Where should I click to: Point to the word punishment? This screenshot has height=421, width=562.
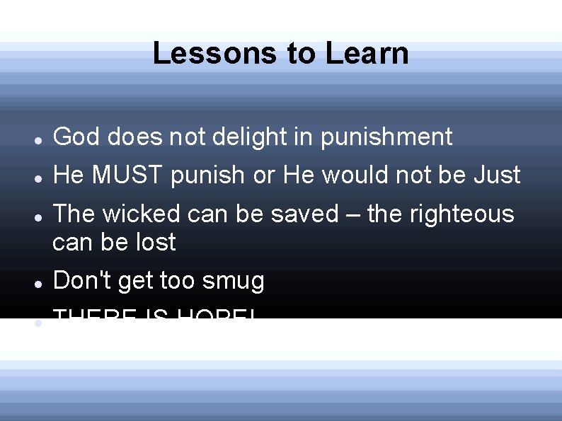386,137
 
